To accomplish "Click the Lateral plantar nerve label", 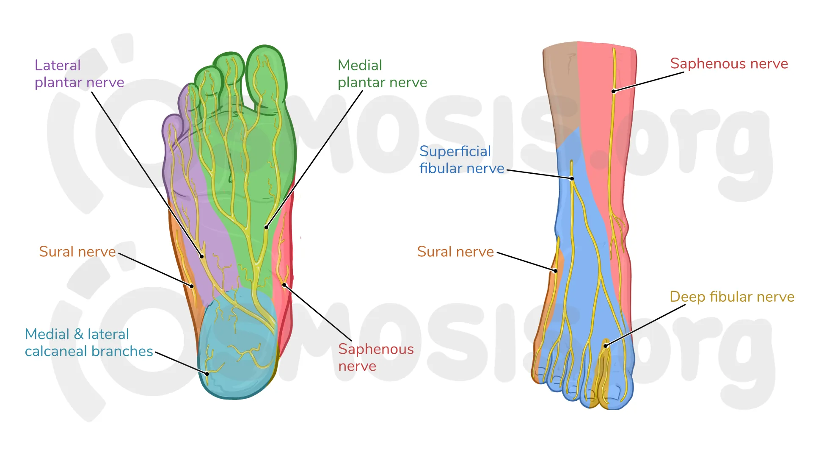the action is pos(79,74).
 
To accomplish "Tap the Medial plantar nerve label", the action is pos(382,74).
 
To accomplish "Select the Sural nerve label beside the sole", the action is pos(77,252).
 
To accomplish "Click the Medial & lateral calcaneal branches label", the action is pos(89,343).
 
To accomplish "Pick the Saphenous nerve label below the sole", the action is pos(376,357).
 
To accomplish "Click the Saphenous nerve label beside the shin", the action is pos(729,64).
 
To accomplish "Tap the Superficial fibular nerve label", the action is pos(461,160).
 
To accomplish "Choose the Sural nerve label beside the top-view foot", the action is pos(455,252).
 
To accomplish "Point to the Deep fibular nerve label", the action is pos(732,297).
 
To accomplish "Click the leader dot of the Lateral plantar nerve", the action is pos(202,256).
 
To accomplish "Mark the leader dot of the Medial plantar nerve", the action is pos(266,228).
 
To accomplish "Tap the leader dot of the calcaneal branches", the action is pos(207,374).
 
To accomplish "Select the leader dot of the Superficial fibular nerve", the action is pos(572,178).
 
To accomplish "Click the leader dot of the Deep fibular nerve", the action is pos(606,346).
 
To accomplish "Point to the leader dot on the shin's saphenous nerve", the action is pos(613,91).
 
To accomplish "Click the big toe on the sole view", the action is pos(266,76).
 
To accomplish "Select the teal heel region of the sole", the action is pos(237,347).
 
